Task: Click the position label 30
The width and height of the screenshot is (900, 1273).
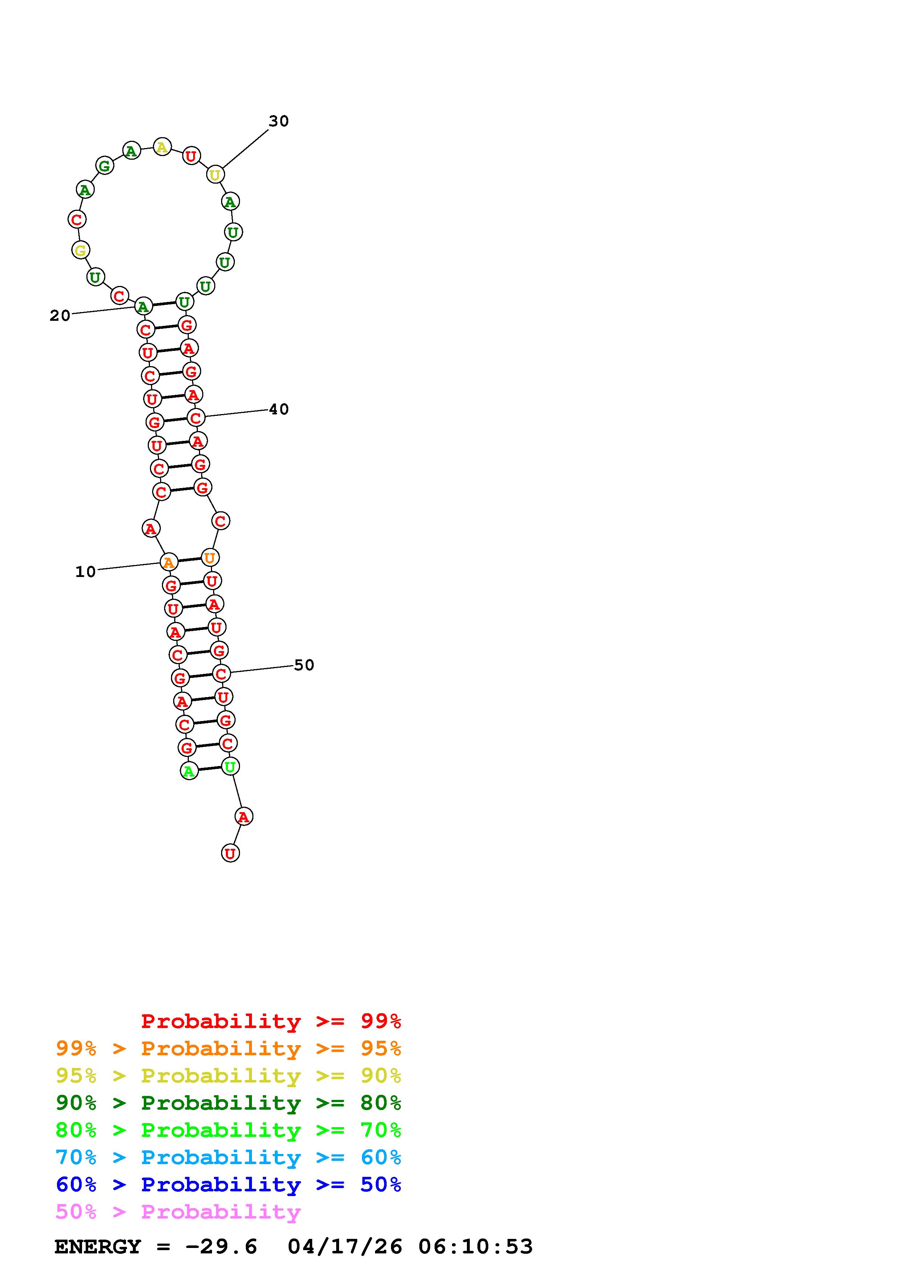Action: pyautogui.click(x=278, y=121)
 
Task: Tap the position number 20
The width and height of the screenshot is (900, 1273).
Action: pyautogui.click(x=60, y=315)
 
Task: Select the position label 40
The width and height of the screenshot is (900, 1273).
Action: pyautogui.click(x=278, y=409)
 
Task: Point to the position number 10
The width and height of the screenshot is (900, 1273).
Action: pyautogui.click(x=85, y=572)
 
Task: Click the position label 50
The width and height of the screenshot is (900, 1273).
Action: pyautogui.click(x=304, y=665)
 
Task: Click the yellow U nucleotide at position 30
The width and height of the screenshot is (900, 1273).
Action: pyautogui.click(x=215, y=175)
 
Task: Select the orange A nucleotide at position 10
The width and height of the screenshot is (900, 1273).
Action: pyautogui.click(x=168, y=562)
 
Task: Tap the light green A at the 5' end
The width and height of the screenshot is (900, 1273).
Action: pyautogui.click(x=189, y=771)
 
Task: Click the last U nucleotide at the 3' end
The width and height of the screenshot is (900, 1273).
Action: pyautogui.click(x=230, y=853)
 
